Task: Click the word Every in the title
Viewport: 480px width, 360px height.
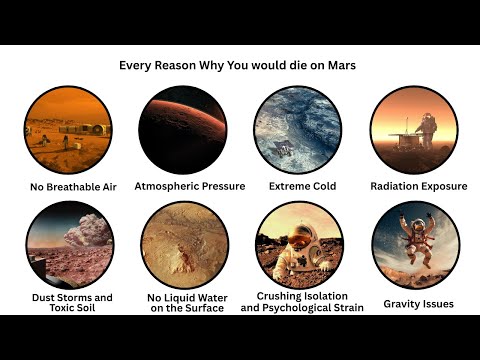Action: pyautogui.click(x=138, y=65)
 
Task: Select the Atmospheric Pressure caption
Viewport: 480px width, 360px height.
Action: pyautogui.click(x=183, y=186)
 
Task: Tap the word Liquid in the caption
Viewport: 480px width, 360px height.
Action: pyautogui.click(x=188, y=297)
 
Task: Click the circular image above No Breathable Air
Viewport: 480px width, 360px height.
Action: pyautogui.click(x=68, y=130)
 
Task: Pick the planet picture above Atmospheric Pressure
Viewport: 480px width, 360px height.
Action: pyautogui.click(x=183, y=130)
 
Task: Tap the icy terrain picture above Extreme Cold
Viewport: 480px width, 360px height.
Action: pyautogui.click(x=298, y=130)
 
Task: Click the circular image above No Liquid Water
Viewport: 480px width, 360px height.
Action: pyautogui.click(x=183, y=245)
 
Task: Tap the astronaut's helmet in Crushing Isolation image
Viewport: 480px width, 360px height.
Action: pyautogui.click(x=300, y=238)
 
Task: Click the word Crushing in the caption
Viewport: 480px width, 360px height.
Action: pyautogui.click(x=281, y=297)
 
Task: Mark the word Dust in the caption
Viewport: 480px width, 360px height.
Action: pyautogui.click(x=41, y=297)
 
